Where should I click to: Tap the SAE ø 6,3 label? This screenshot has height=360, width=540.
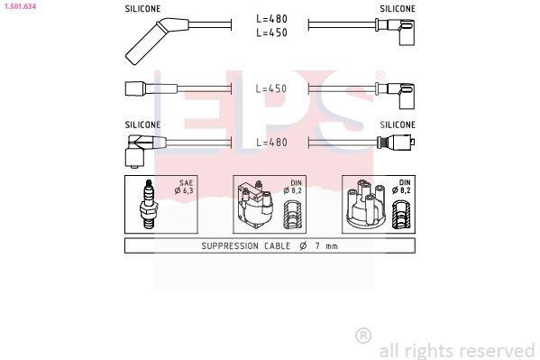click(x=187, y=187)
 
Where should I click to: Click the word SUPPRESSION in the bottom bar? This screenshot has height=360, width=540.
click(x=227, y=246)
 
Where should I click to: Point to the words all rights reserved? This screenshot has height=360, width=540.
click(x=457, y=350)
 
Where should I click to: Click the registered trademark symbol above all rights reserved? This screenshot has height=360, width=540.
click(x=363, y=336)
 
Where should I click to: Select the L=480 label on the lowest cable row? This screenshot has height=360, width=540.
click(x=270, y=142)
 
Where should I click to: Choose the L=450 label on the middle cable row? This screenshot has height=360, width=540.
click(x=270, y=89)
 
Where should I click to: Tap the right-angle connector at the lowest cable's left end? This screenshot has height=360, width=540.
click(x=137, y=148)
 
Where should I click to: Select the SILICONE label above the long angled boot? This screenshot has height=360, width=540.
click(x=142, y=8)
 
